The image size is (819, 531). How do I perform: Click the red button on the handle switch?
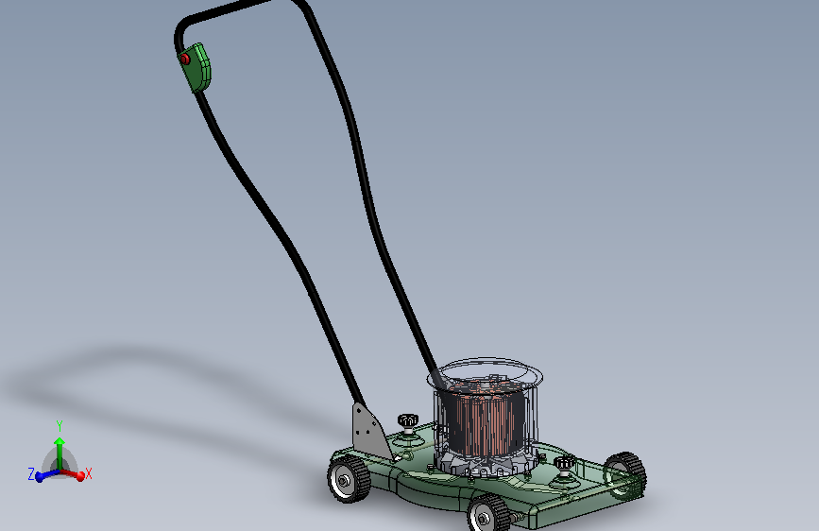(x=185, y=59)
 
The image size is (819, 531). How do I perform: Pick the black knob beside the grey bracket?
(x=408, y=420)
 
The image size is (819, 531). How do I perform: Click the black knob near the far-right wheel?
(x=565, y=463)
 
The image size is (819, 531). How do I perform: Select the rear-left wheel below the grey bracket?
(x=348, y=478)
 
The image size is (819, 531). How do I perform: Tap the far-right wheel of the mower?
(x=624, y=473)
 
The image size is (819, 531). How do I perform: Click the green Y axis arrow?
(x=59, y=450)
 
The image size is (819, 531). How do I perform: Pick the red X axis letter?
(x=89, y=473)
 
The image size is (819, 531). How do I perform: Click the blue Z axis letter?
(x=30, y=473)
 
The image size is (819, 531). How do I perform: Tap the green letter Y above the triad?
(x=59, y=426)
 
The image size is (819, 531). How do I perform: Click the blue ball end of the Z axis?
(x=40, y=477)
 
